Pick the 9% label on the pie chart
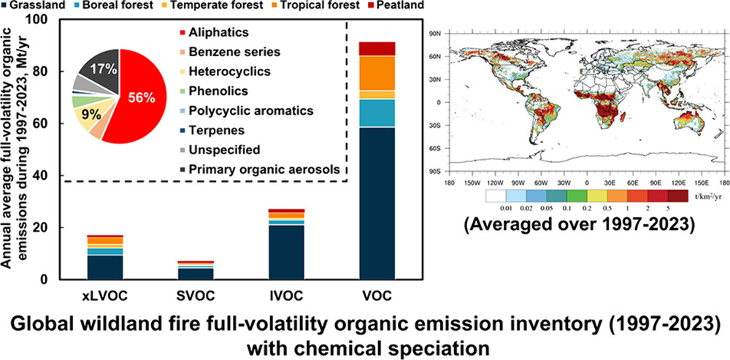(x=92, y=114)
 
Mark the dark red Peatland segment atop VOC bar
(x=378, y=48)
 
